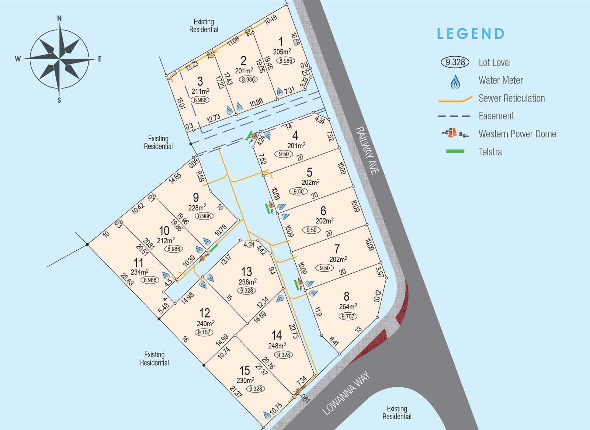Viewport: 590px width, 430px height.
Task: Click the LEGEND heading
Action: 471,34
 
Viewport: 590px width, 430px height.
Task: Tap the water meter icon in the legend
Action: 455,82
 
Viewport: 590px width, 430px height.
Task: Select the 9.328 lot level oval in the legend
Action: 455,62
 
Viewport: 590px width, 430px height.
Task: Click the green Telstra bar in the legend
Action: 455,151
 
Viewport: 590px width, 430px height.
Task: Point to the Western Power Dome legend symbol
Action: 455,133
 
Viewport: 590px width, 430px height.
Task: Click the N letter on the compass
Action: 59,18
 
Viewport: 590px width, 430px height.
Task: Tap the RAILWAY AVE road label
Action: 367,150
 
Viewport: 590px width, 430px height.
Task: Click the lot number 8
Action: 346,296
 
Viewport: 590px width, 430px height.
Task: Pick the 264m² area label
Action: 348,307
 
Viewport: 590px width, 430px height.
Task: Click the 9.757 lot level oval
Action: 348,316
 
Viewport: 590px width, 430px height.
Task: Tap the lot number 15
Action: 245,370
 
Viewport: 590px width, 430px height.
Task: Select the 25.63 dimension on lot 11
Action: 127,280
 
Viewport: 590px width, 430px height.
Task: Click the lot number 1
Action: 281,42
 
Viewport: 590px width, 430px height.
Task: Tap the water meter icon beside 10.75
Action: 267,415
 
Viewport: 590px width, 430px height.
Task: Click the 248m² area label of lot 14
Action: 277,346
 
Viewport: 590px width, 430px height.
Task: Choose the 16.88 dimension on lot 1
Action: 295,39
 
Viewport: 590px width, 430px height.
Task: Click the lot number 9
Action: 196,197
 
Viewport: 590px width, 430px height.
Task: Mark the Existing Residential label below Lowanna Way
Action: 397,412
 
